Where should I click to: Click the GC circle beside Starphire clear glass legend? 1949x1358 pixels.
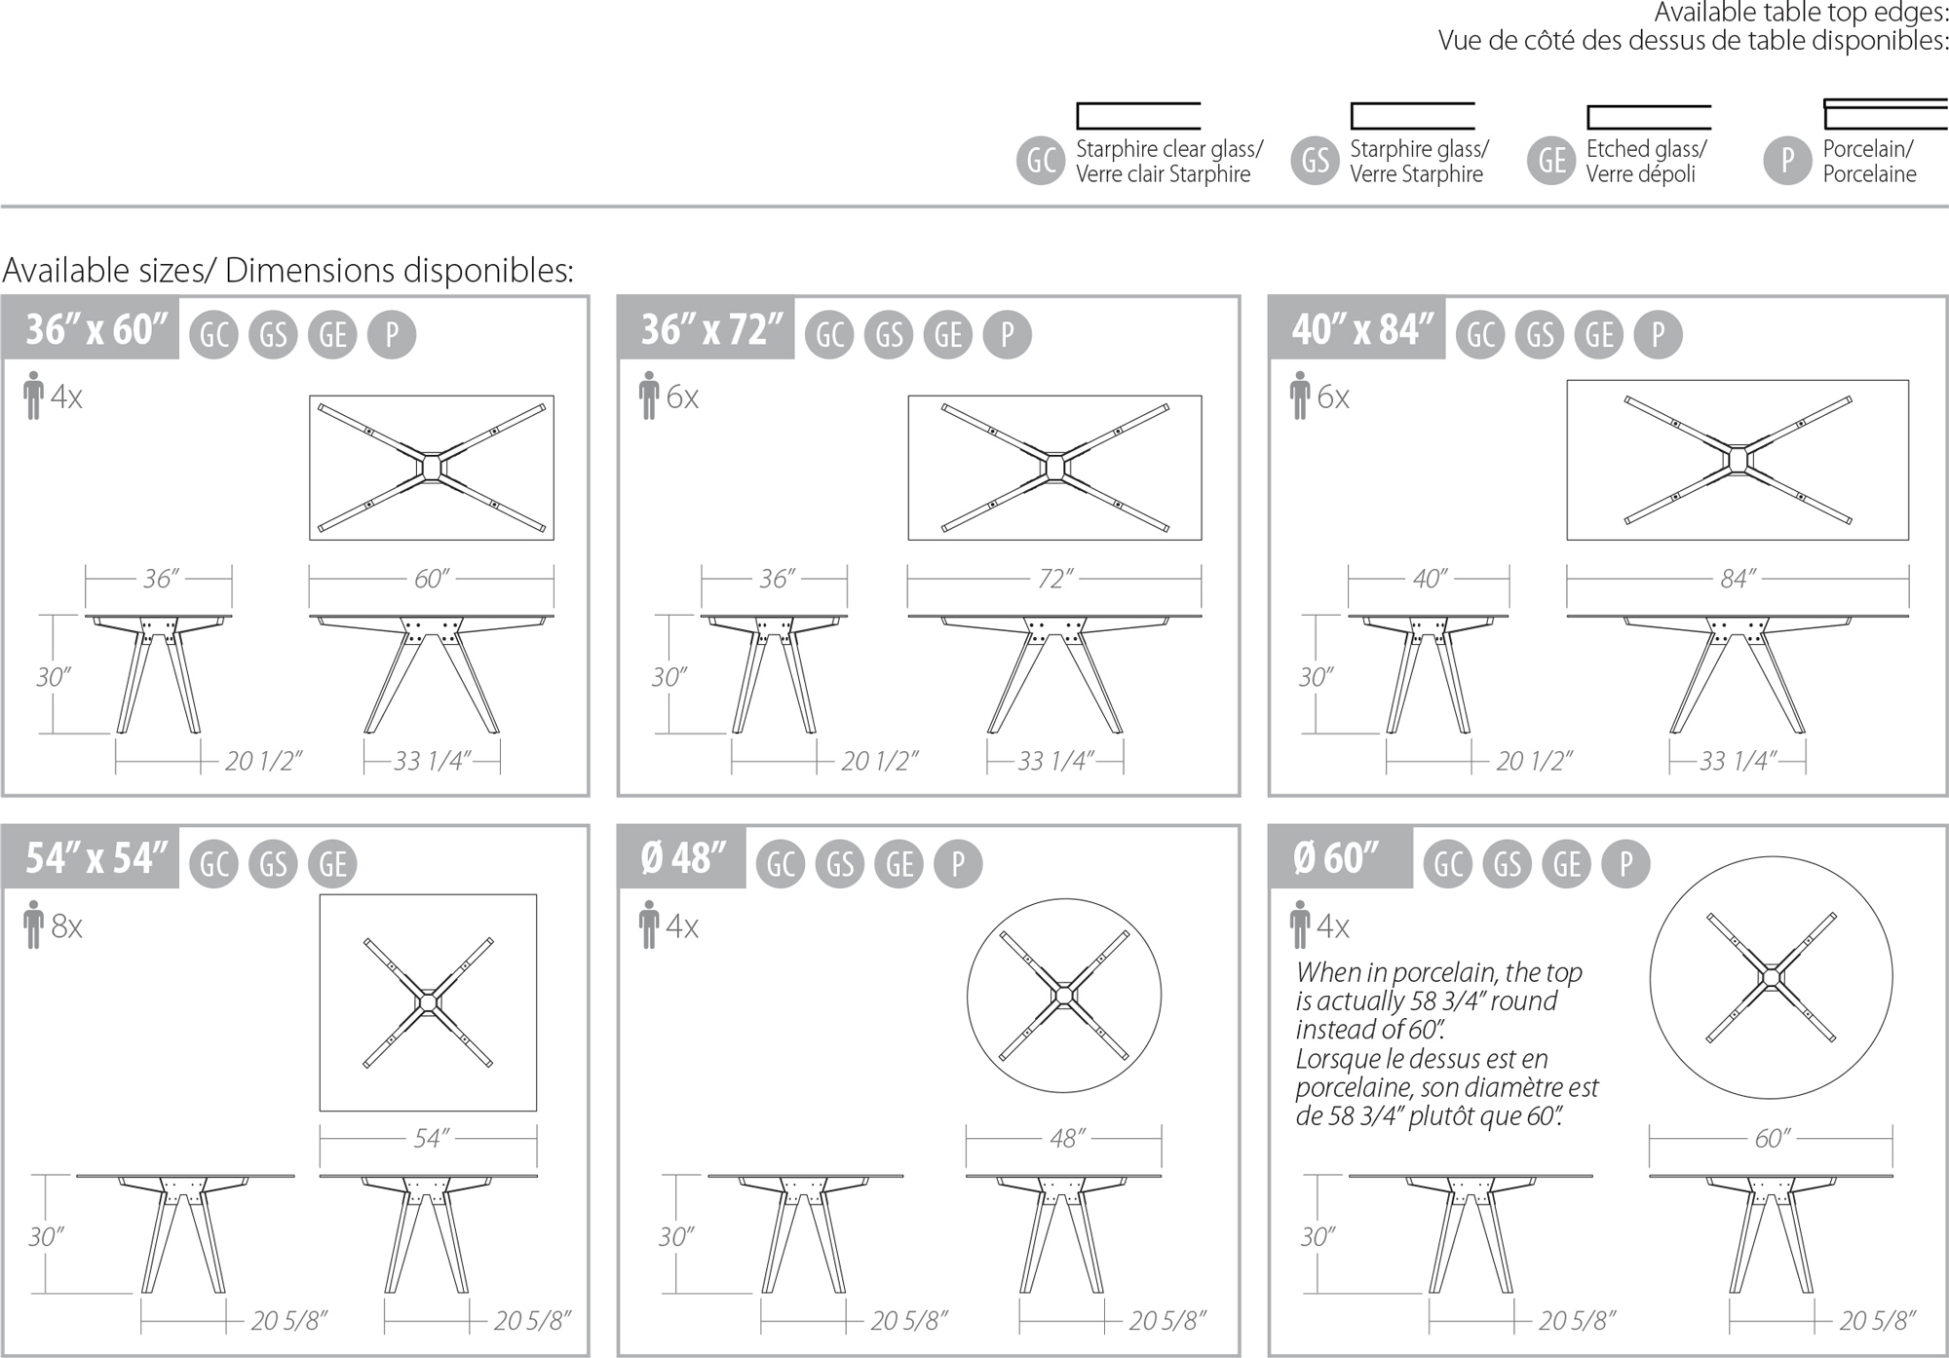(x=1041, y=161)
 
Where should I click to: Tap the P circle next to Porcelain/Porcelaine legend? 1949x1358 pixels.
(x=1787, y=161)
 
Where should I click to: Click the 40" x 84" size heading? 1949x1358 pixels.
(x=1362, y=329)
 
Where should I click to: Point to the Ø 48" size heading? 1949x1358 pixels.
(x=683, y=858)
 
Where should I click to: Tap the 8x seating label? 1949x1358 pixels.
(x=66, y=925)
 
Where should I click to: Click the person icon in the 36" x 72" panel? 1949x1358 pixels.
(x=649, y=396)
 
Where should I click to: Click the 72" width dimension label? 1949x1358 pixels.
(x=1054, y=579)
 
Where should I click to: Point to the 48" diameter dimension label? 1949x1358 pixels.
(x=1067, y=1138)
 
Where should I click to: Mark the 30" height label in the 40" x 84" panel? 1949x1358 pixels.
(x=1316, y=677)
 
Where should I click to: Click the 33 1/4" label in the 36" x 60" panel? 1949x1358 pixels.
(x=433, y=761)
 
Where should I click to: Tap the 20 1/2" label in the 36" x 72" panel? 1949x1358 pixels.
(x=880, y=761)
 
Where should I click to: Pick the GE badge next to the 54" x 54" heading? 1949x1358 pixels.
(x=332, y=864)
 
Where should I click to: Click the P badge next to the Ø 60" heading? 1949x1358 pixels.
(x=1625, y=864)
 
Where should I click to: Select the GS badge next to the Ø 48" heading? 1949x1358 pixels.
(x=840, y=864)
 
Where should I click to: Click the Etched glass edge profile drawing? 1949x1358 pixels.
(x=1649, y=117)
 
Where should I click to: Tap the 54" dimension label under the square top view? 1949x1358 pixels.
(x=431, y=1138)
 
